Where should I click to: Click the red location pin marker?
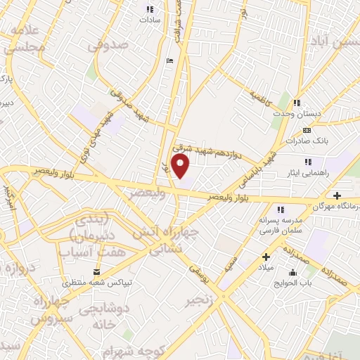(x=181, y=167)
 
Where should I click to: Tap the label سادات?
(x=150, y=20)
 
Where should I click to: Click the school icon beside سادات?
(x=149, y=9)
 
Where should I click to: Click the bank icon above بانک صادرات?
(x=306, y=130)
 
